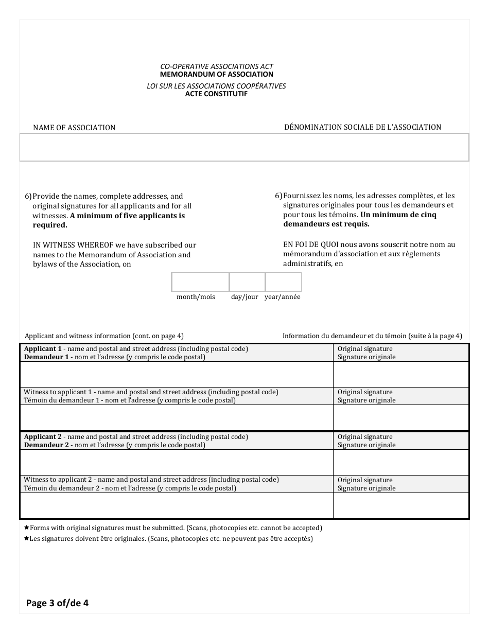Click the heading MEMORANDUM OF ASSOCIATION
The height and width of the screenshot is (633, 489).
click(216, 74)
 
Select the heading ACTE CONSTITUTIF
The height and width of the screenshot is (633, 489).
click(216, 94)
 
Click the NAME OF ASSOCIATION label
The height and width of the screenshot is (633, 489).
click(74, 128)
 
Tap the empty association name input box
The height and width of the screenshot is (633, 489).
click(244, 147)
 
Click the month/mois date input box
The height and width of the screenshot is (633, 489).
click(200, 282)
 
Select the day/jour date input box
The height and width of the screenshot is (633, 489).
click(247, 282)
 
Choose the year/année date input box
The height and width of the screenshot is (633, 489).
click(283, 282)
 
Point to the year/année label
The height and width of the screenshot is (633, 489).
click(282, 297)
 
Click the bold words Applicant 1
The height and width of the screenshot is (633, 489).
click(43, 349)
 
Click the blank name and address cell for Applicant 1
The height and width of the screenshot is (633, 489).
click(177, 374)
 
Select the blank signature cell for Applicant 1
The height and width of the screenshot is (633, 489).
click(401, 374)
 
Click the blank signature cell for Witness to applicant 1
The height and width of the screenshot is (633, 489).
click(401, 417)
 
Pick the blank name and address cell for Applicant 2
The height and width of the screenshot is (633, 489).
click(177, 462)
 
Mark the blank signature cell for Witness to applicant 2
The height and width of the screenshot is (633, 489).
click(401, 505)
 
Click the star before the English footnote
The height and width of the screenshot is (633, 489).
click(27, 527)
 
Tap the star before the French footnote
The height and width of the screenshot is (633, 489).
click(27, 539)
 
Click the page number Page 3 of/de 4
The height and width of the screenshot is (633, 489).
click(58, 603)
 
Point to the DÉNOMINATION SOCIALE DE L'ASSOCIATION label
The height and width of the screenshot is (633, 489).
click(362, 127)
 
